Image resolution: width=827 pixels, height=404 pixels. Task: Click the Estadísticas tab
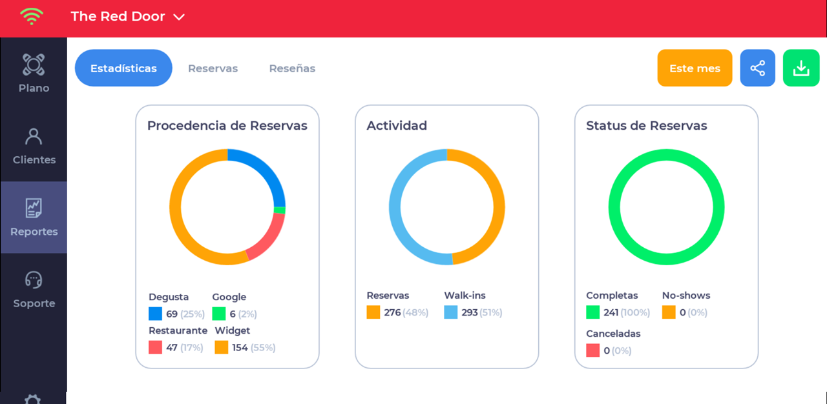(x=123, y=68)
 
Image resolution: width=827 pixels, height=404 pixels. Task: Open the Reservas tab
(x=213, y=68)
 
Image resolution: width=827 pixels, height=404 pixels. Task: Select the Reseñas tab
(x=292, y=68)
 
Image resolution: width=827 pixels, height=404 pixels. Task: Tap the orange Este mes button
(x=695, y=68)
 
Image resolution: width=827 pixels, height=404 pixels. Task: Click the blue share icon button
(x=757, y=68)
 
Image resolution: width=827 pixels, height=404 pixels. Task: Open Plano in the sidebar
(x=34, y=74)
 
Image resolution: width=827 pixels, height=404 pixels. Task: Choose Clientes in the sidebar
(x=34, y=145)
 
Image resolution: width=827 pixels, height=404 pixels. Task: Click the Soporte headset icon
(x=34, y=280)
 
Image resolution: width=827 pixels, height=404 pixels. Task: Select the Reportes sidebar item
(x=34, y=217)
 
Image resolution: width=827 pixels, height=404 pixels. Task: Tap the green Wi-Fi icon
(x=31, y=16)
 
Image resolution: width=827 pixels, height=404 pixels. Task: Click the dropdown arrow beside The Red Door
(x=180, y=17)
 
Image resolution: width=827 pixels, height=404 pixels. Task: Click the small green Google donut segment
(x=280, y=210)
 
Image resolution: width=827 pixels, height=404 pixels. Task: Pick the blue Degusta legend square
(x=155, y=314)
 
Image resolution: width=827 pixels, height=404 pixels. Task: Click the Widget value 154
(x=240, y=348)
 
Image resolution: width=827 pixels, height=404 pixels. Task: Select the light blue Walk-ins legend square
(x=450, y=312)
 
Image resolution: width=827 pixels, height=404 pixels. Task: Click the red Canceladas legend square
(x=592, y=350)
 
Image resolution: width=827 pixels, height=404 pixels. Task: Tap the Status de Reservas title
(x=646, y=126)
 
